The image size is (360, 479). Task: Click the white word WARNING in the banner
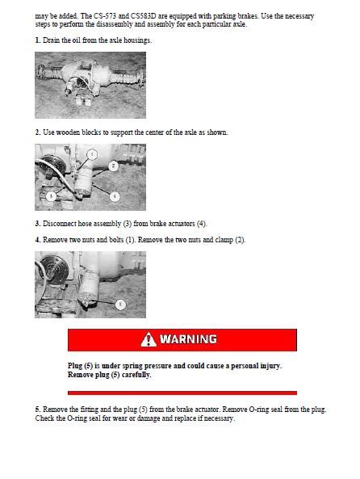(x=188, y=339)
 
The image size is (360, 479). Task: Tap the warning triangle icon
(x=149, y=339)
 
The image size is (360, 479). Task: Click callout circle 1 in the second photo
(x=92, y=154)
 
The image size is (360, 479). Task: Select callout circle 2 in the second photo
(x=113, y=166)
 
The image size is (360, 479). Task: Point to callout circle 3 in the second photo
(x=51, y=195)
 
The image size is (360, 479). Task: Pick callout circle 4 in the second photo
(x=115, y=196)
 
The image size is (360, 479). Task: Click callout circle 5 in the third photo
(x=120, y=305)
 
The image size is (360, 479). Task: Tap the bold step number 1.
(x=38, y=40)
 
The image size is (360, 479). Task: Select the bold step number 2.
(x=38, y=132)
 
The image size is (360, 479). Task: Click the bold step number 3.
(x=38, y=224)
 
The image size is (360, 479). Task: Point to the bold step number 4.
(x=38, y=240)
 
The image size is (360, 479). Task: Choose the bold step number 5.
(x=38, y=410)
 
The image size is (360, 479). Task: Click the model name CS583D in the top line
(x=144, y=16)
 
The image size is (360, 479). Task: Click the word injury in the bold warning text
(x=270, y=366)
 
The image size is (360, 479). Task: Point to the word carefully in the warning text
(x=136, y=375)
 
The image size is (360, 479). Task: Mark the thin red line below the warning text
(x=182, y=393)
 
